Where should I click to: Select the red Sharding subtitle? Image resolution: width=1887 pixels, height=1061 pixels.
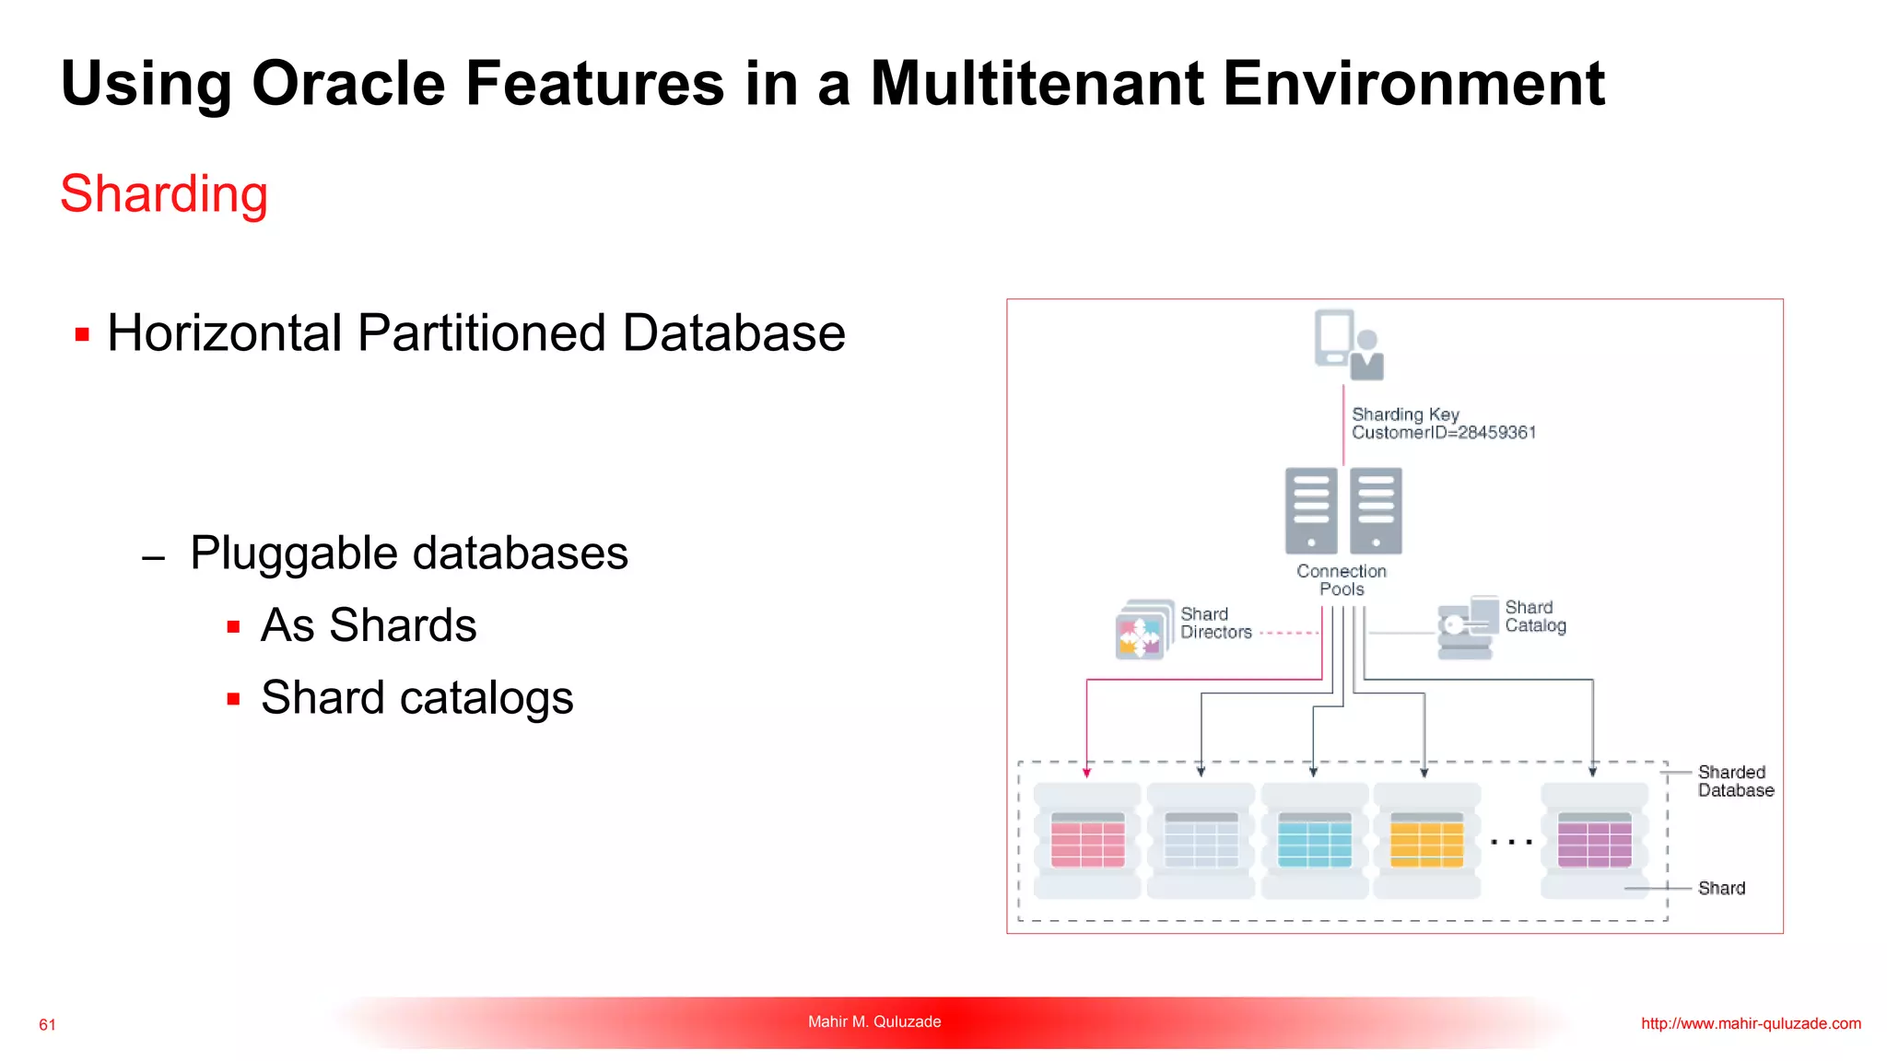pos(164,193)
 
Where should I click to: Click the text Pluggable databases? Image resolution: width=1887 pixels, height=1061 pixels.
pos(408,553)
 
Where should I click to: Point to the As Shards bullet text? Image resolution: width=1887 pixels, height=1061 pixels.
pos(368,625)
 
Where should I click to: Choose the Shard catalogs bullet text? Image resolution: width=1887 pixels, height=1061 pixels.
pos(416,697)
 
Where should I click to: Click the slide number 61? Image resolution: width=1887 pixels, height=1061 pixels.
pos(47,1024)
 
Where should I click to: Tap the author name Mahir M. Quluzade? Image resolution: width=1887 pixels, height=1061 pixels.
pos(874,1021)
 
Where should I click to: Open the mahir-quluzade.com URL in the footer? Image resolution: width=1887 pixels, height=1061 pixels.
pos(1751,1023)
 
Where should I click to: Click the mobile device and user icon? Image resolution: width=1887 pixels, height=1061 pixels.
pos(1349,344)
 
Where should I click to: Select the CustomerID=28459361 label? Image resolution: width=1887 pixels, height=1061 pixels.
pos(1444,433)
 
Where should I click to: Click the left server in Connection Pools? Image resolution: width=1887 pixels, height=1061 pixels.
pos(1311,511)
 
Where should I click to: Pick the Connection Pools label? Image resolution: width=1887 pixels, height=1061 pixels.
pos(1342,580)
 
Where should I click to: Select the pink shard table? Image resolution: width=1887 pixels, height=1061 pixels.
pos(1087,840)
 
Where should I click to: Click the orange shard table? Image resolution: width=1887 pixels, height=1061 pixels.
pos(1426,840)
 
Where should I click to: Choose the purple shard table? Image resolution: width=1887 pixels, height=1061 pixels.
pos(1594,840)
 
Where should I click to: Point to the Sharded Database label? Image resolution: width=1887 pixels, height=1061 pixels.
pos(1735,781)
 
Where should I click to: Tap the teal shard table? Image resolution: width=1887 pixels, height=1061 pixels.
pos(1314,840)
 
